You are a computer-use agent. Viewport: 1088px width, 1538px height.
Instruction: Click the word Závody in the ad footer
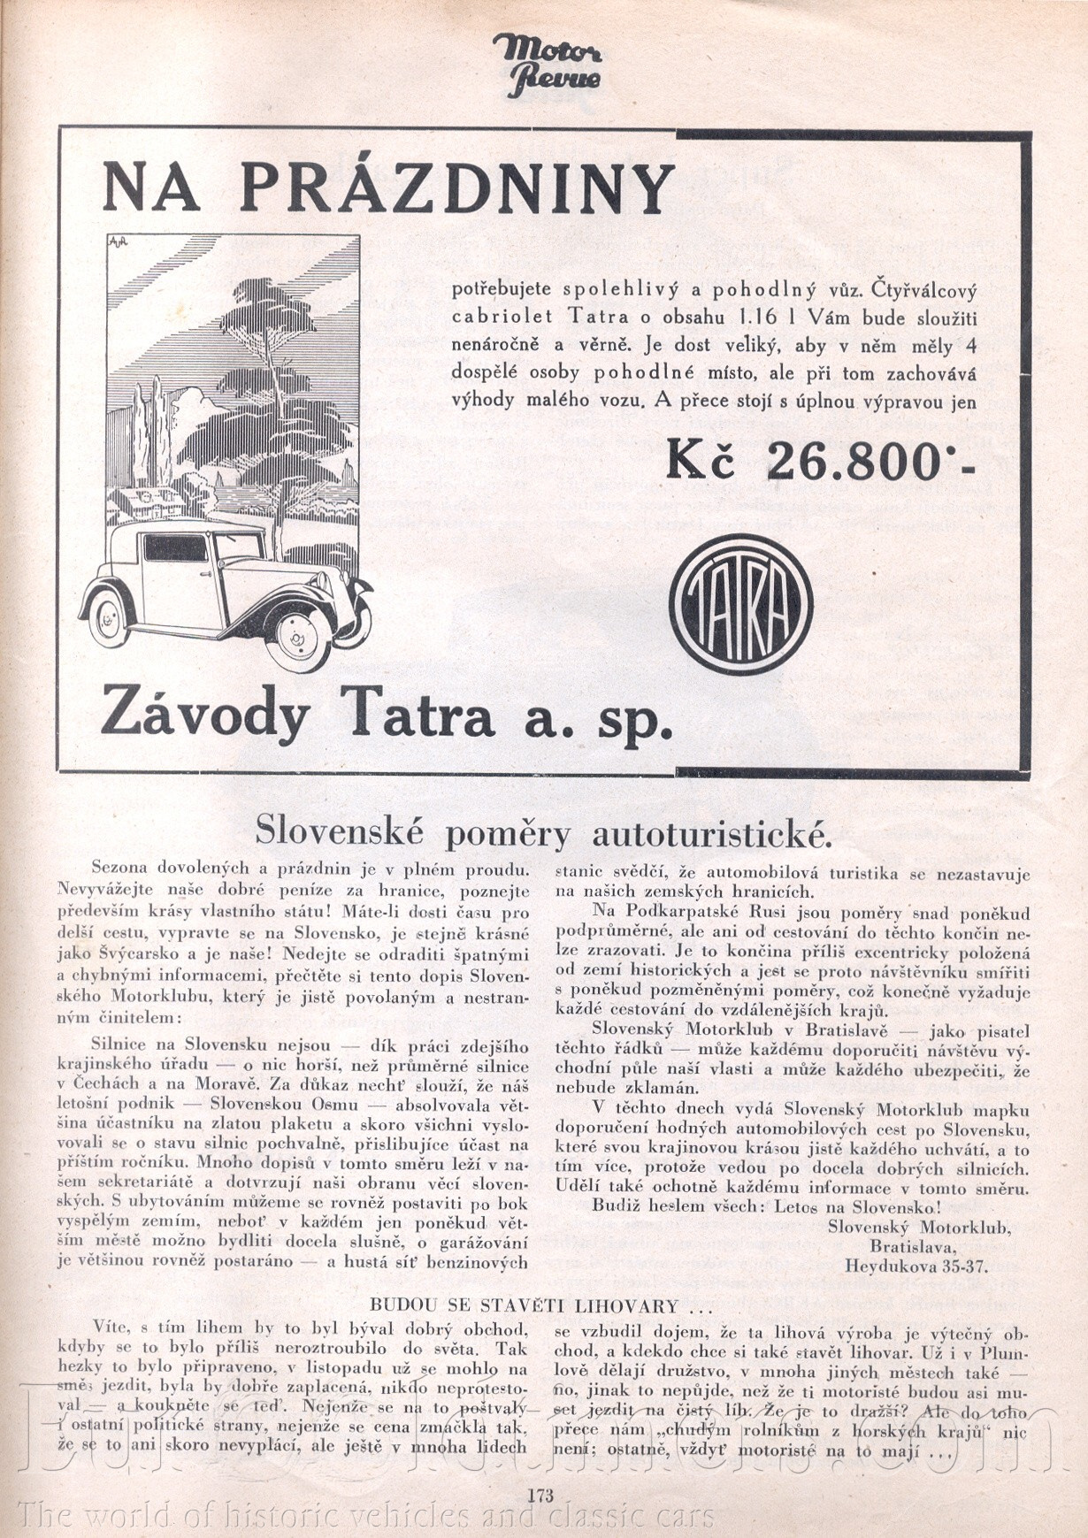point(204,716)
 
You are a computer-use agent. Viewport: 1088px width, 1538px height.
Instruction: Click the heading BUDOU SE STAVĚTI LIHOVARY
point(540,1305)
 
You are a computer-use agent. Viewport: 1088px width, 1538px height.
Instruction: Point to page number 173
point(540,1496)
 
